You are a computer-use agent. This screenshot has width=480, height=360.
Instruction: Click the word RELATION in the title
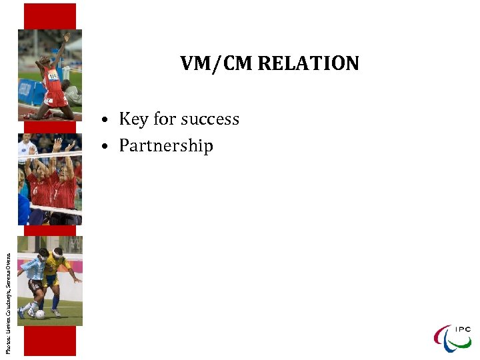(x=308, y=64)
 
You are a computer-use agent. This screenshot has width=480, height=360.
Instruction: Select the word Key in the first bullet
(x=133, y=119)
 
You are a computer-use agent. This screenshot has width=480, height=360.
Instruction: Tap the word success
(x=207, y=119)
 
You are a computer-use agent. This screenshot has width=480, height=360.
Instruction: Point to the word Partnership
(x=166, y=146)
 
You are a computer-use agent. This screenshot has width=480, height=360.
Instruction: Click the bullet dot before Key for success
(x=106, y=121)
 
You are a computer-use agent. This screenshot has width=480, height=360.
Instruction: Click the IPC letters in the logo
(x=462, y=329)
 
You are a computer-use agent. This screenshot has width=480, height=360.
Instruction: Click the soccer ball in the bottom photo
(x=40, y=314)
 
